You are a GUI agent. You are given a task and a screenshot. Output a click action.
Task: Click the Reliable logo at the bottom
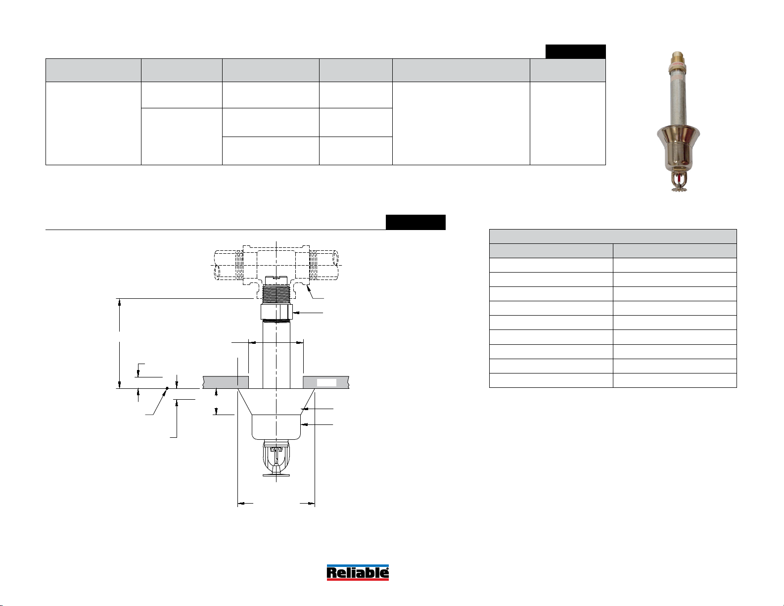[358, 572]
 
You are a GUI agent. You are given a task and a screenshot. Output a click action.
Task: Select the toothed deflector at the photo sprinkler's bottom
[679, 188]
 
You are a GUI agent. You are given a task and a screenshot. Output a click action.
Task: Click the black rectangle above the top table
[575, 51]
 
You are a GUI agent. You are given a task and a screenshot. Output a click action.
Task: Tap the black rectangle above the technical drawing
[415, 222]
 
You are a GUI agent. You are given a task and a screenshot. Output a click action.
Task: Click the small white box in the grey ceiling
[326, 383]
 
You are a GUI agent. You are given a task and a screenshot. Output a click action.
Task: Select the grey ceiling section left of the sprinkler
[226, 382]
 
